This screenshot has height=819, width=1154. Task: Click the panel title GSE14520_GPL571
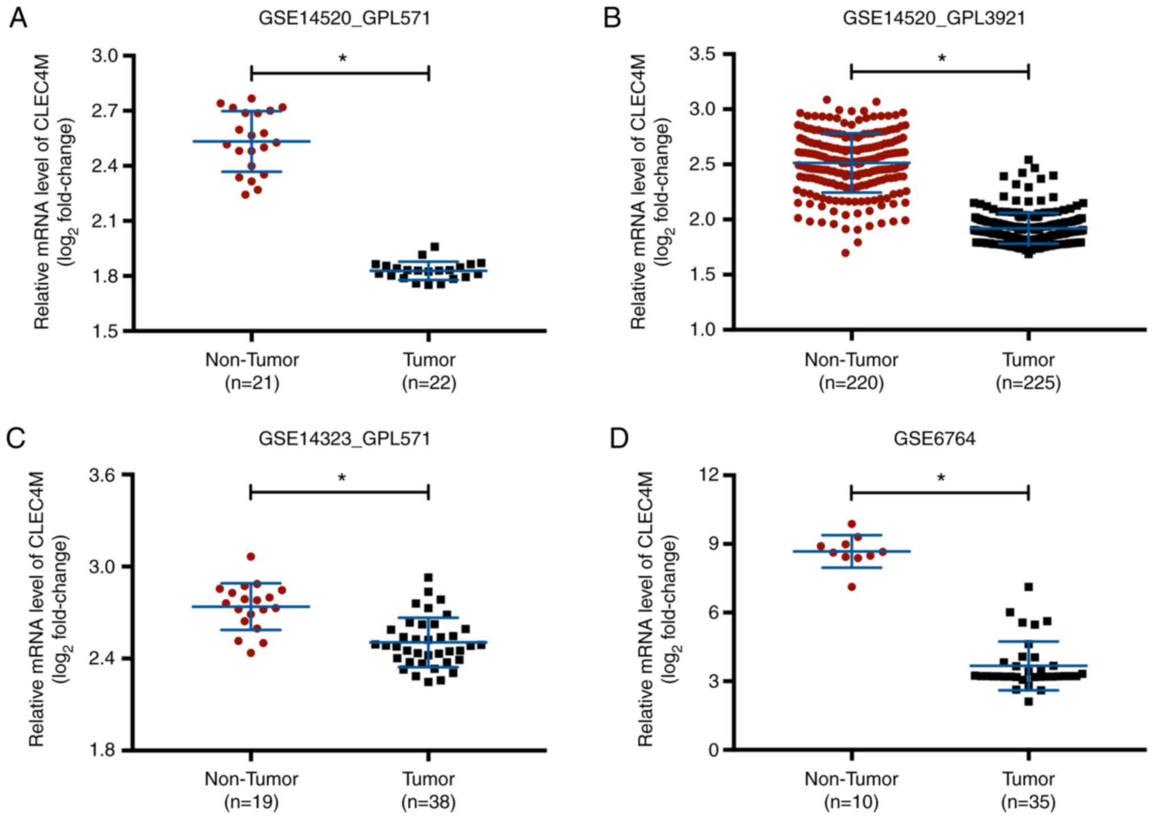point(344,18)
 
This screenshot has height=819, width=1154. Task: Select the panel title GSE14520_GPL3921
point(934,18)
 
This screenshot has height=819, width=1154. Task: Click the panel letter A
point(18,19)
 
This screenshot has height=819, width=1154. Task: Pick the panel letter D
point(618,438)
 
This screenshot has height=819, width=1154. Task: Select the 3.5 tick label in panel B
point(703,55)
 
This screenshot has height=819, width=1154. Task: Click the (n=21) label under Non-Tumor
point(252,383)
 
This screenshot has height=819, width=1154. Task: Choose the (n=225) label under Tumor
point(1028,383)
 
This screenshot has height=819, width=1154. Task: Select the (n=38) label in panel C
point(429,802)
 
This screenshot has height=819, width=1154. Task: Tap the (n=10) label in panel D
point(851,802)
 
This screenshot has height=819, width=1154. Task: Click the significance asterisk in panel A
point(342,58)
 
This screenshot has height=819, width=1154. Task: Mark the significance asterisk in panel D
point(941,479)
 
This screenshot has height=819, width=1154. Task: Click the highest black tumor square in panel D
point(1028,587)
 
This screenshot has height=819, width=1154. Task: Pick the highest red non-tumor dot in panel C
point(251,557)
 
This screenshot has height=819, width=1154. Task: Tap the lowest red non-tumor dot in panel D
point(852,587)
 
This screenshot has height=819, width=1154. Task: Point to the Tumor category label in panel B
point(1028,360)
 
